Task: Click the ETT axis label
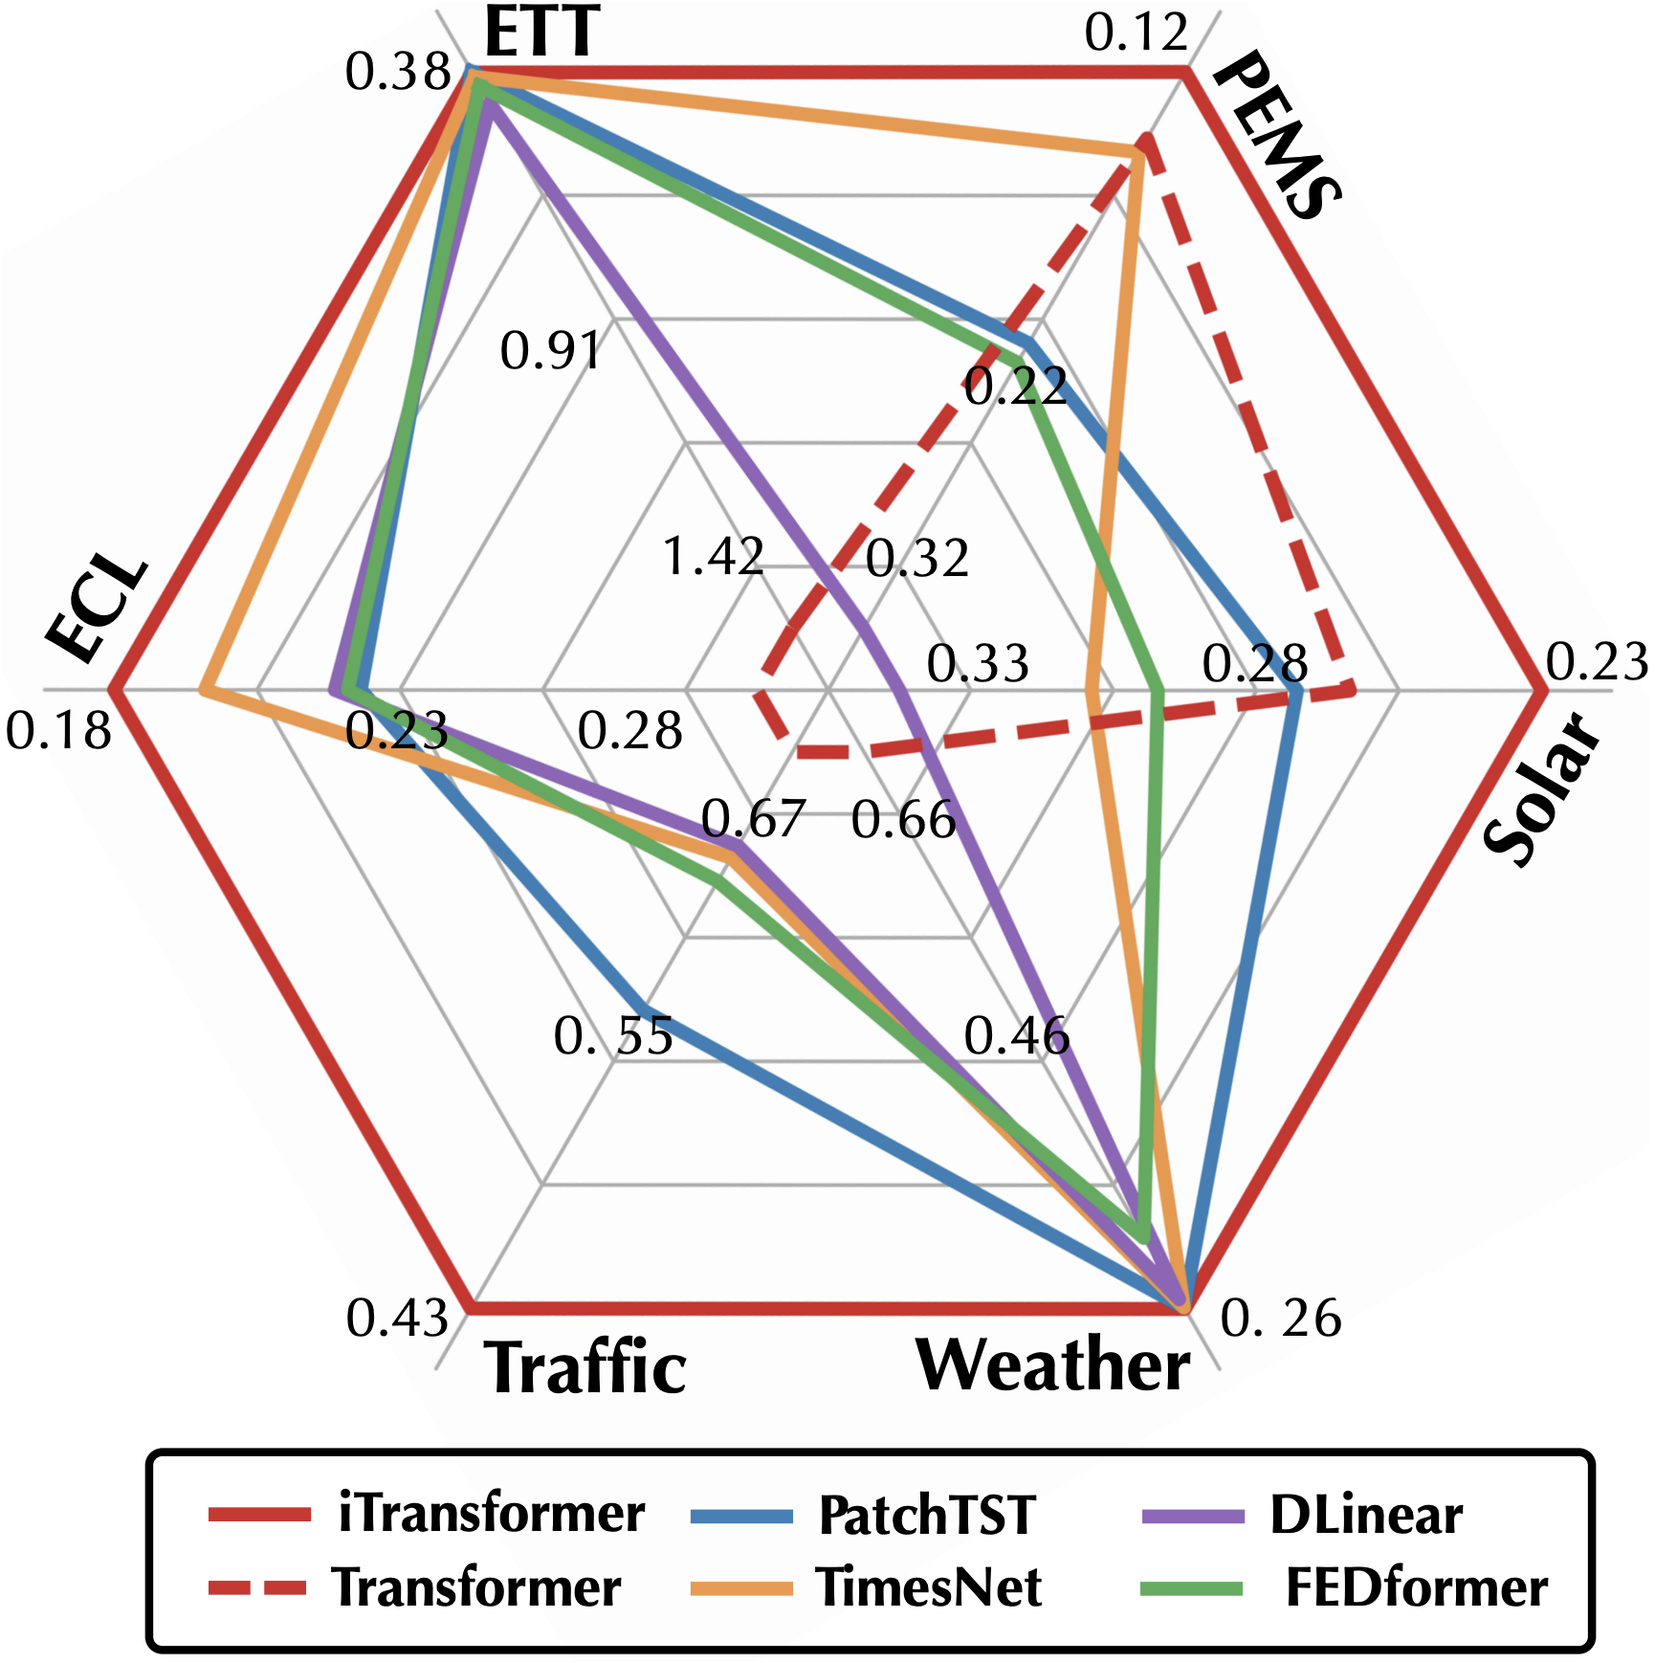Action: [541, 33]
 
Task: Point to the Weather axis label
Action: [1053, 1364]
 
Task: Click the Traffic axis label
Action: [585, 1368]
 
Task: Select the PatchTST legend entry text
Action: [927, 1515]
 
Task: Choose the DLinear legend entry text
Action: [1366, 1514]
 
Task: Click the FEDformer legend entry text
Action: [1416, 1587]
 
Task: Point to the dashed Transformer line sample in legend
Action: [258, 1587]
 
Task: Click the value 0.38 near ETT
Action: [398, 72]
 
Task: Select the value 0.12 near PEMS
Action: [1136, 33]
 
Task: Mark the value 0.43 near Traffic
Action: [397, 1318]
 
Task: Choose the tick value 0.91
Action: [551, 350]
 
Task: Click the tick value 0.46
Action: [1016, 1034]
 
